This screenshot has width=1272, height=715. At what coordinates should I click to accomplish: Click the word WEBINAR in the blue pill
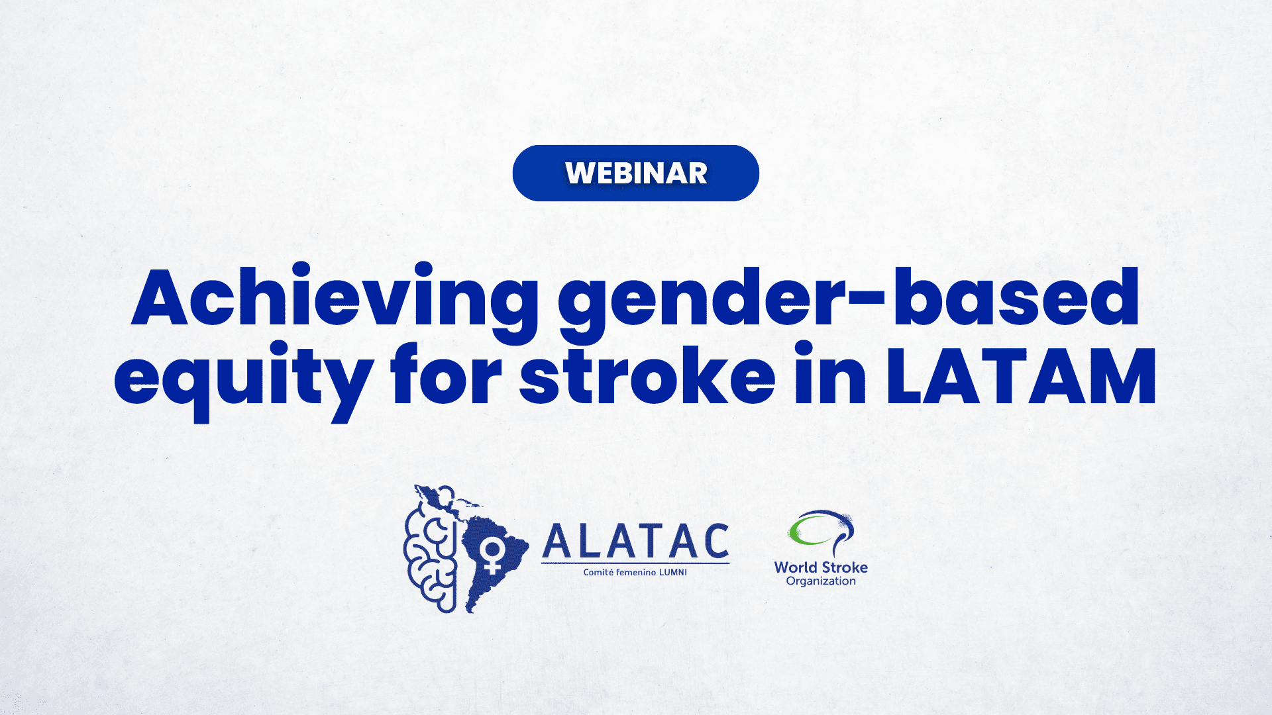pos(636,173)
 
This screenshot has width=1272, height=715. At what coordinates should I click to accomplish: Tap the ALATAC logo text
pos(635,542)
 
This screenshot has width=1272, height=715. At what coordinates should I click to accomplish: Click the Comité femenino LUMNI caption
pos(635,573)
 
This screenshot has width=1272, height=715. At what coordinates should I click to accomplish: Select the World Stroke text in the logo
pos(821,567)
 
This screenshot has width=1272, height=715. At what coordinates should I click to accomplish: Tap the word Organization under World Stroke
pos(821,581)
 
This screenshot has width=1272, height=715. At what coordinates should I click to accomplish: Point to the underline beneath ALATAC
pos(635,563)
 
